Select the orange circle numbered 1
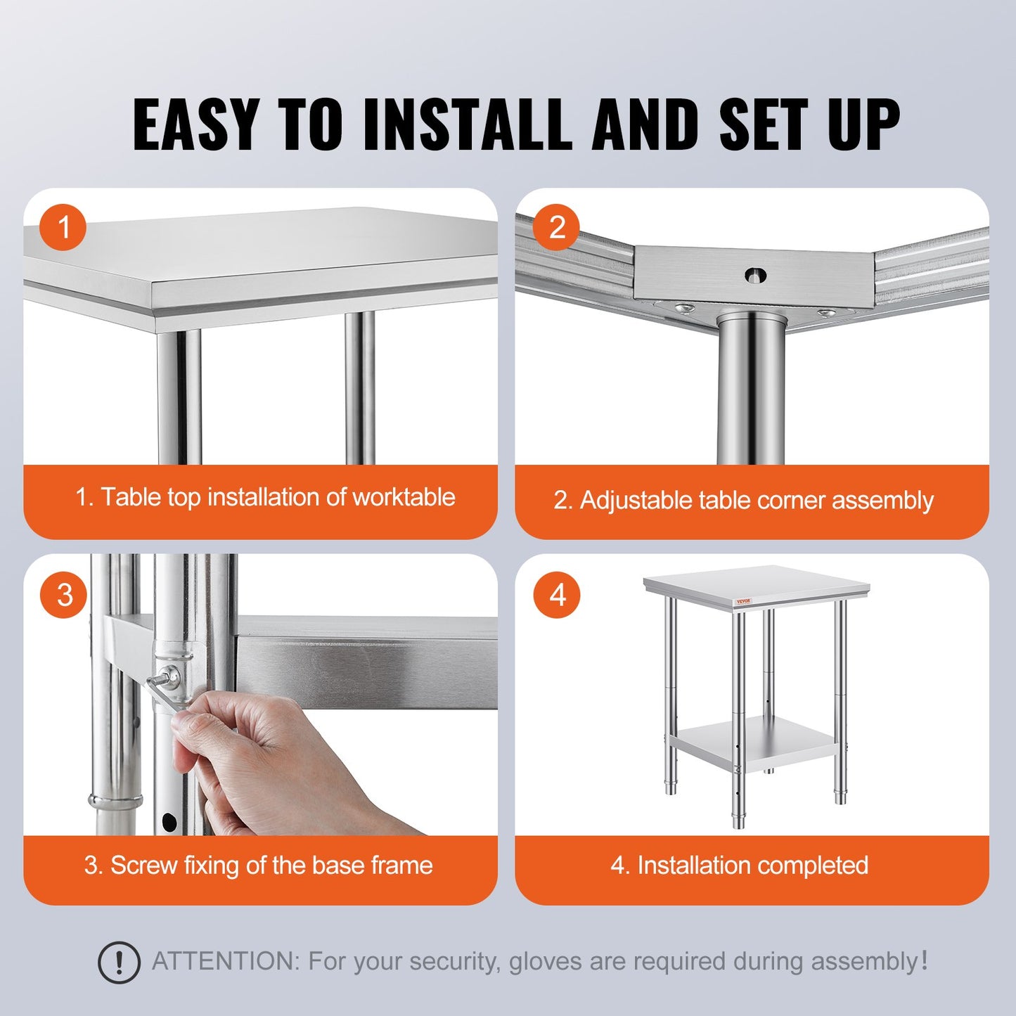(x=63, y=228)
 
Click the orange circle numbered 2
(x=557, y=228)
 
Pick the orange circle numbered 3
(x=64, y=595)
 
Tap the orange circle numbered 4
(x=557, y=595)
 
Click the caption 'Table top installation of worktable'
(x=265, y=497)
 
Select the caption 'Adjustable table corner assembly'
(x=743, y=500)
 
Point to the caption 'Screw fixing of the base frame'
(x=258, y=865)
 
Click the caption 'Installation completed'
(x=739, y=865)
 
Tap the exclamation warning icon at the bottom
(x=119, y=962)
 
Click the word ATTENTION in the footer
(x=226, y=961)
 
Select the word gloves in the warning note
(x=546, y=961)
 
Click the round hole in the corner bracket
(x=755, y=276)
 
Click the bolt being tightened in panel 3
(x=169, y=679)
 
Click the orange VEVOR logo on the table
(x=744, y=602)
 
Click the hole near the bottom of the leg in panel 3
(x=169, y=821)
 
